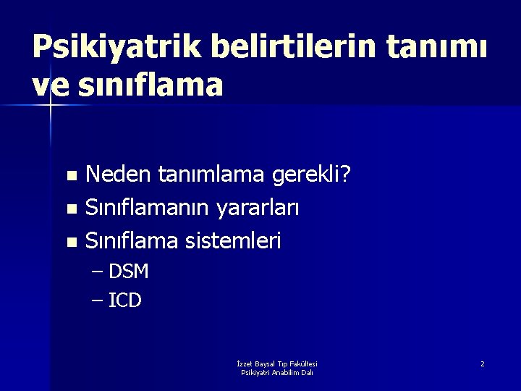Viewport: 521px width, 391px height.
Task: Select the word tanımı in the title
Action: tap(439, 49)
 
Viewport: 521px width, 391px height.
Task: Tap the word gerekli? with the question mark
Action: tap(318, 175)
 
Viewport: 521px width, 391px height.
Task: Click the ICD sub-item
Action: tap(124, 300)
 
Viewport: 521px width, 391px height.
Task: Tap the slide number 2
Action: tap(483, 363)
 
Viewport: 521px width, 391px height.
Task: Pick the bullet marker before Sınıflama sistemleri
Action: tap(70, 242)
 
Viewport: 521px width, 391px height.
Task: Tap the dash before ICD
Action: tap(98, 300)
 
